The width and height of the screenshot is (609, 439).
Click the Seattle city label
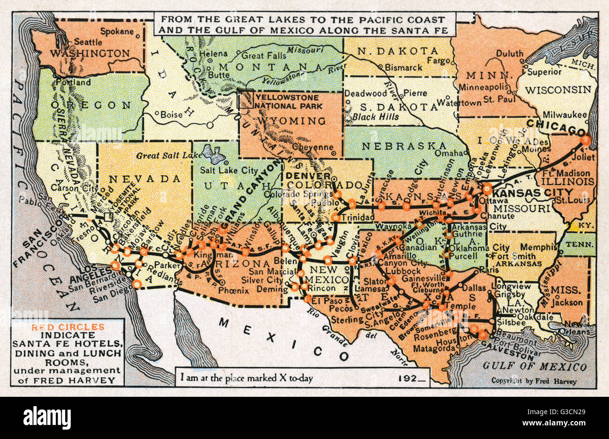coord(89,41)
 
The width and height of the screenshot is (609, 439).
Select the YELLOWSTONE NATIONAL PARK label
coord(289,101)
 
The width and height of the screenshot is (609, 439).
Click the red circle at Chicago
coord(585,140)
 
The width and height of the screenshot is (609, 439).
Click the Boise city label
coord(171,114)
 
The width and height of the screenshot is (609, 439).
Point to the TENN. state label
coord(579,245)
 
